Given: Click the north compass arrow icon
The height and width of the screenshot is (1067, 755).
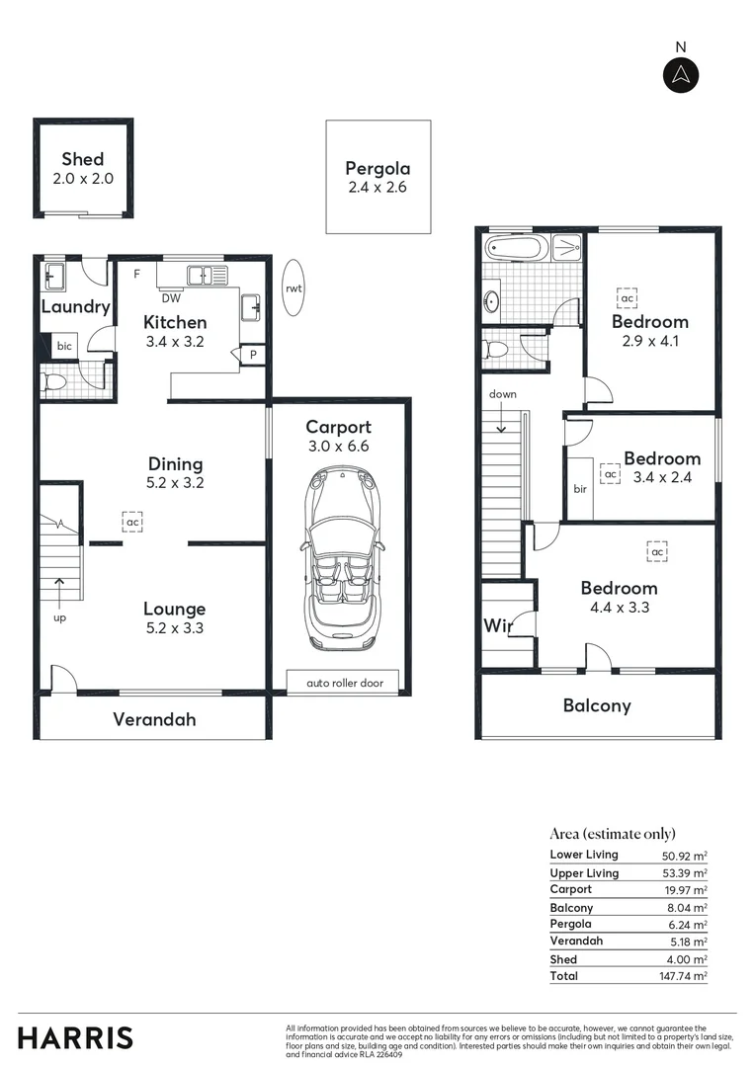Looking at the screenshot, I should pos(680,75).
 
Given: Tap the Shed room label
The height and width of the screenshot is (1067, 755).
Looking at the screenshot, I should pos(82,159).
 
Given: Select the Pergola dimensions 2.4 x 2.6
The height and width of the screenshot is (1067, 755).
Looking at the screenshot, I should pos(377,188).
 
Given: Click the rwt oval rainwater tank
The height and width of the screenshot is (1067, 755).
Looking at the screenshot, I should pos(294,287).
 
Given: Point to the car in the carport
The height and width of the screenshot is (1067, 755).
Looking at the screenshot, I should pos(338,558).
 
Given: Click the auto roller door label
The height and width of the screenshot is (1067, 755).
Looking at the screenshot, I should pos(342,683).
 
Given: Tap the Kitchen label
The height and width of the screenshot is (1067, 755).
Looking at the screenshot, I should pos(175,322).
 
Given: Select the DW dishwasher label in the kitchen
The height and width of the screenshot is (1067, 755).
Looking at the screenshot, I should pos(170,297).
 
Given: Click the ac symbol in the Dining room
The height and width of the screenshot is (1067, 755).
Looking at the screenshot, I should pos(131,521).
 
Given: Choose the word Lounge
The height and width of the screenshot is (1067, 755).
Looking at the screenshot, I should pos(175,609).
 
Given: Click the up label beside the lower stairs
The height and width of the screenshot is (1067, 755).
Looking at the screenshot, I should pos(58,617).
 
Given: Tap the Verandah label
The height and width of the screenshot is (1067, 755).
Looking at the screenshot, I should pos(153,719).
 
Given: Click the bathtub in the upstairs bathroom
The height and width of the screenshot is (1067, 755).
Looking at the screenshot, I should pos(514,247).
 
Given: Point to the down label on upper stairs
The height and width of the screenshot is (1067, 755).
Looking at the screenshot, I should pos(502,394).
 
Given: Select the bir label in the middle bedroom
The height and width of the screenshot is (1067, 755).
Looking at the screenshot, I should pos(580,489).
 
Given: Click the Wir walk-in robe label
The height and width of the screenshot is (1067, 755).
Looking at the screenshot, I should pos(496,625).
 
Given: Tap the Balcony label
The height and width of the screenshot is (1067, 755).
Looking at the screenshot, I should pos(596,705).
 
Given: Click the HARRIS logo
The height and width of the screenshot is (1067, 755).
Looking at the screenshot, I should pos(75,1037).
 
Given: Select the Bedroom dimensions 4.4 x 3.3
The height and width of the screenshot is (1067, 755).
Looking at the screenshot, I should pos(619,609).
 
